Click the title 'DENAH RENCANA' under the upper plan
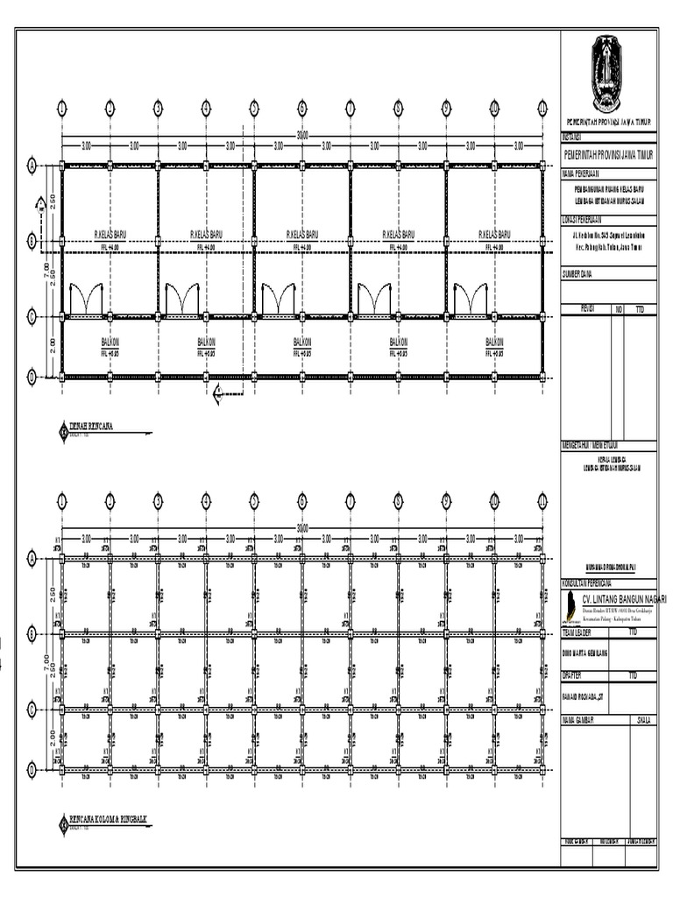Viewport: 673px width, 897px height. (92, 429)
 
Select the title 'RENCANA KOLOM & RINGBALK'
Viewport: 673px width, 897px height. (108, 821)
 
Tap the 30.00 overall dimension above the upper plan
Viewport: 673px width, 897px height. (302, 135)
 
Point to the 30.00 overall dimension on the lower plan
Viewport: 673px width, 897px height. (302, 528)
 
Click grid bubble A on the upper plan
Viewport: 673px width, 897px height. (32, 165)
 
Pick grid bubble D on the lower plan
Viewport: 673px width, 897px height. (32, 769)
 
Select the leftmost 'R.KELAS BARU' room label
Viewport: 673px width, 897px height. (110, 235)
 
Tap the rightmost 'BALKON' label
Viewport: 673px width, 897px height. (494, 341)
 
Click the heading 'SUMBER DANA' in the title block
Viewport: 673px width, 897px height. (579, 274)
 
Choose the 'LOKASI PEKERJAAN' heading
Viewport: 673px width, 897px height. (587, 219)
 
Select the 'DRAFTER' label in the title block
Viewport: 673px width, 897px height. (573, 675)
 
